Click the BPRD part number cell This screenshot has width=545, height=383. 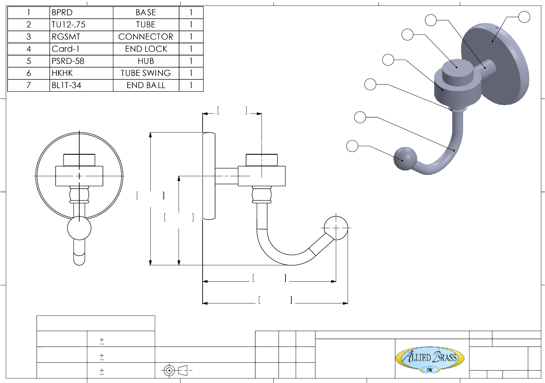pos(62,12)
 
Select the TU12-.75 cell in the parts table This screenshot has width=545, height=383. pos(68,25)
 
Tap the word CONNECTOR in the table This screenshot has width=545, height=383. pos(145,37)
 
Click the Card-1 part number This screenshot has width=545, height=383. pos(65,49)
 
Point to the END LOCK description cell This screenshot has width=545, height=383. pos(146,49)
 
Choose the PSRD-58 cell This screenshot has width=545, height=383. pos(68,61)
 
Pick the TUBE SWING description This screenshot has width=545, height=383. pos(146,73)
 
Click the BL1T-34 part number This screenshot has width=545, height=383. pos(66,85)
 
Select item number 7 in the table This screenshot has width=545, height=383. pos(29,85)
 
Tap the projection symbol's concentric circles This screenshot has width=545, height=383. pos(169,371)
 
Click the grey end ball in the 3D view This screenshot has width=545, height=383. pos(405,158)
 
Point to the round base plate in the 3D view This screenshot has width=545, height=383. pos(495,64)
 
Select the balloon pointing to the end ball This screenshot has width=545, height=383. pos(352,146)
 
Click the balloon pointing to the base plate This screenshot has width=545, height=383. pos(524,17)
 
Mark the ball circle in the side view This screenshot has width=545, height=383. pos(336,228)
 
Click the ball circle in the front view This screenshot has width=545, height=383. pos(79,228)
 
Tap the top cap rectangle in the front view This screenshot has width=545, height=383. pos(79,160)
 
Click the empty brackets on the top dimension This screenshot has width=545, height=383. pos(232,110)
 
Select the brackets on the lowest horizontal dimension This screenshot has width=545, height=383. pos(275,300)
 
